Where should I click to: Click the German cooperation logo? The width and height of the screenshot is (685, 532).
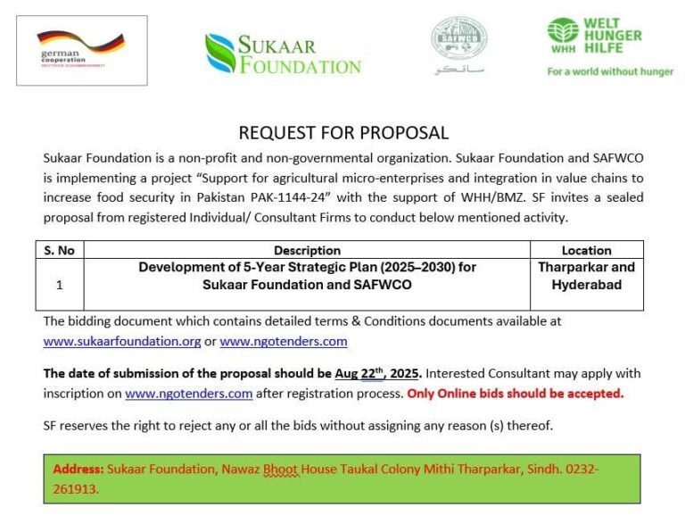pyautogui.click(x=81, y=50)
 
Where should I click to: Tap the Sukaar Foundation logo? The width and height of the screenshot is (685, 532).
pyautogui.click(x=283, y=54)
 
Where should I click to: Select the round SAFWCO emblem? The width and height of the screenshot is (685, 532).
pyautogui.click(x=458, y=39)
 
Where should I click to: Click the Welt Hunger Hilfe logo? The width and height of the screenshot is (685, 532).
pyautogui.click(x=595, y=37)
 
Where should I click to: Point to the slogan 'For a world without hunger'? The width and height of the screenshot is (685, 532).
pyautogui.click(x=610, y=71)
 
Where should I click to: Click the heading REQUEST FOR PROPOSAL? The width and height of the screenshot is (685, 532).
pyautogui.click(x=343, y=133)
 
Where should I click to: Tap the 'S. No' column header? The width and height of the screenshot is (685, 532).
pyautogui.click(x=59, y=251)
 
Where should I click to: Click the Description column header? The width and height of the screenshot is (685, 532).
pyautogui.click(x=307, y=251)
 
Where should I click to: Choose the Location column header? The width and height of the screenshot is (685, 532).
pyautogui.click(x=586, y=251)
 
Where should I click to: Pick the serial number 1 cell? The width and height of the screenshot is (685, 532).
pyautogui.click(x=59, y=286)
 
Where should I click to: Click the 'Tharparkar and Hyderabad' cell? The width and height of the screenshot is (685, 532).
pyautogui.click(x=586, y=276)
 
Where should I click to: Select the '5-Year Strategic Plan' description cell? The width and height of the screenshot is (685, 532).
pyautogui.click(x=307, y=276)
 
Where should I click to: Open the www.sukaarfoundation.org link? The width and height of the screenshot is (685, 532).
pyautogui.click(x=122, y=341)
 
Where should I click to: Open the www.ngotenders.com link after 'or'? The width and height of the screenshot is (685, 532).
pyautogui.click(x=284, y=341)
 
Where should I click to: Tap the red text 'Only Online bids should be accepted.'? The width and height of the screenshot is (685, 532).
pyautogui.click(x=516, y=393)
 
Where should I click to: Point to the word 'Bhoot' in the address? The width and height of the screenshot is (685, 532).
pyautogui.click(x=280, y=470)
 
